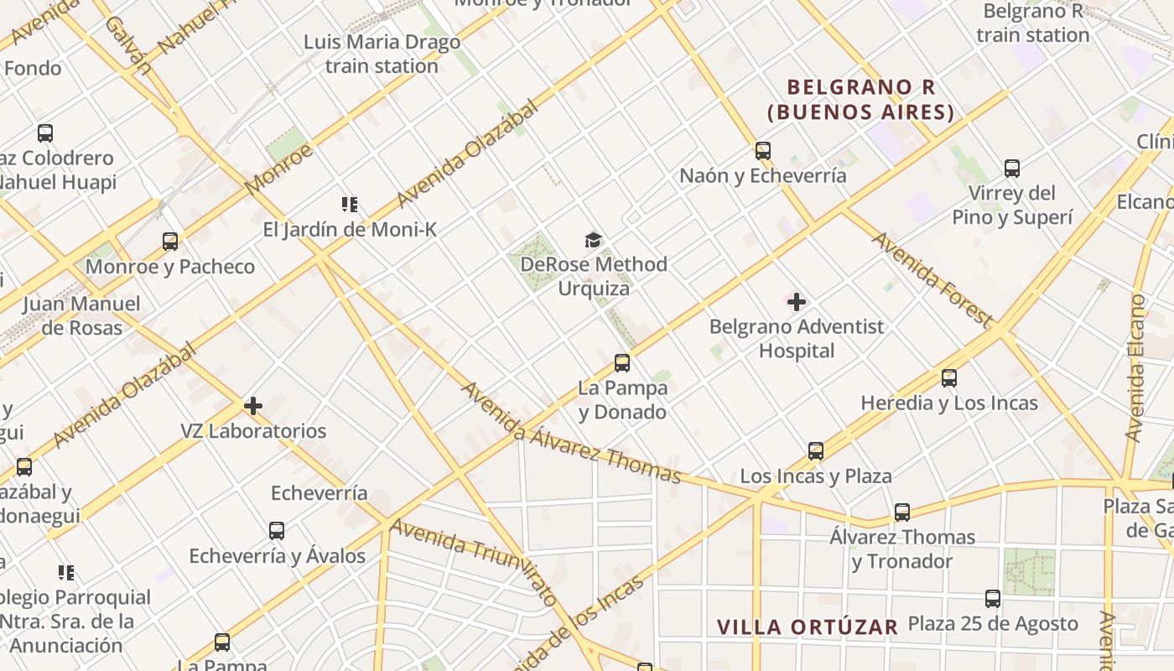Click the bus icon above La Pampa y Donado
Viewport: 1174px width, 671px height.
(621, 363)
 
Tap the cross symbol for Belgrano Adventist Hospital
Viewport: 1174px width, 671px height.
(797, 302)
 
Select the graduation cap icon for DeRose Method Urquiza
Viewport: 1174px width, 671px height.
(594, 241)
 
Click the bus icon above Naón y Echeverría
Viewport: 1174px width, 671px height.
(762, 151)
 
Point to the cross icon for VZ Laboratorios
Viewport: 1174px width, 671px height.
(253, 406)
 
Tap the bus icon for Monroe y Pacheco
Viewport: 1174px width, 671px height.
(170, 242)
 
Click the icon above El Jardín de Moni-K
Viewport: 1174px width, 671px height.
(350, 204)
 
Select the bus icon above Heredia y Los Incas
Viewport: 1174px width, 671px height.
(948, 378)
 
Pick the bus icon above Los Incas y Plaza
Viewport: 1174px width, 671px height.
(815, 451)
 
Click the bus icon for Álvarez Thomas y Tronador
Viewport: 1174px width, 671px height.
(901, 512)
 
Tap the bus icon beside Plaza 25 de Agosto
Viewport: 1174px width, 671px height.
(993, 599)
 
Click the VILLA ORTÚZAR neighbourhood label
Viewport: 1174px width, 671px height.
(808, 627)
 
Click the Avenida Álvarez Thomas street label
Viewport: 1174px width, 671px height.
(570, 434)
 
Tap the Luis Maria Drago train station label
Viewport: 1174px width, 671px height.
(382, 54)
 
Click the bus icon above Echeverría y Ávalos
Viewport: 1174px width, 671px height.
(277, 531)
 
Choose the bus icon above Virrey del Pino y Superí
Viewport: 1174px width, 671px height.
(1012, 169)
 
